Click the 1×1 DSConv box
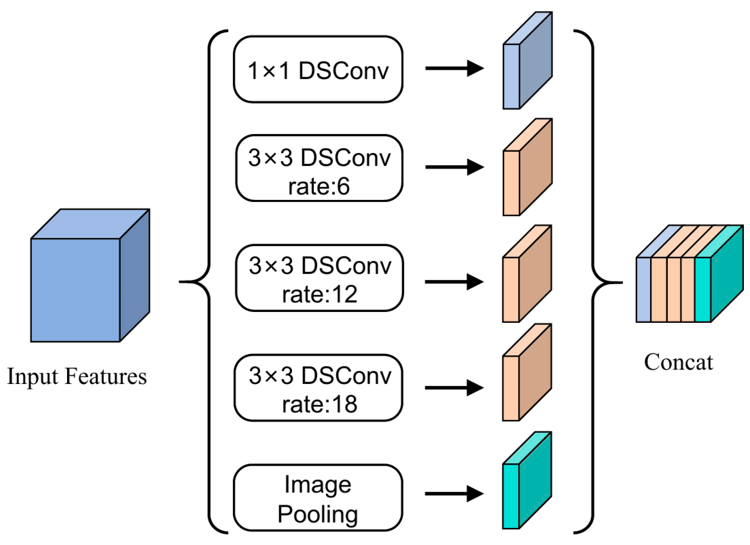(318, 69)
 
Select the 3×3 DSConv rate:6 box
(319, 168)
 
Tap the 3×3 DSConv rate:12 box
(319, 278)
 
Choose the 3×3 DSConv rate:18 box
(318, 388)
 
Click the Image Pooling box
(318, 497)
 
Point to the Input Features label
(77, 377)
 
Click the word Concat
(678, 362)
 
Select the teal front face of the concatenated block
(702, 290)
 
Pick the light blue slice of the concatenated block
(643, 290)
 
